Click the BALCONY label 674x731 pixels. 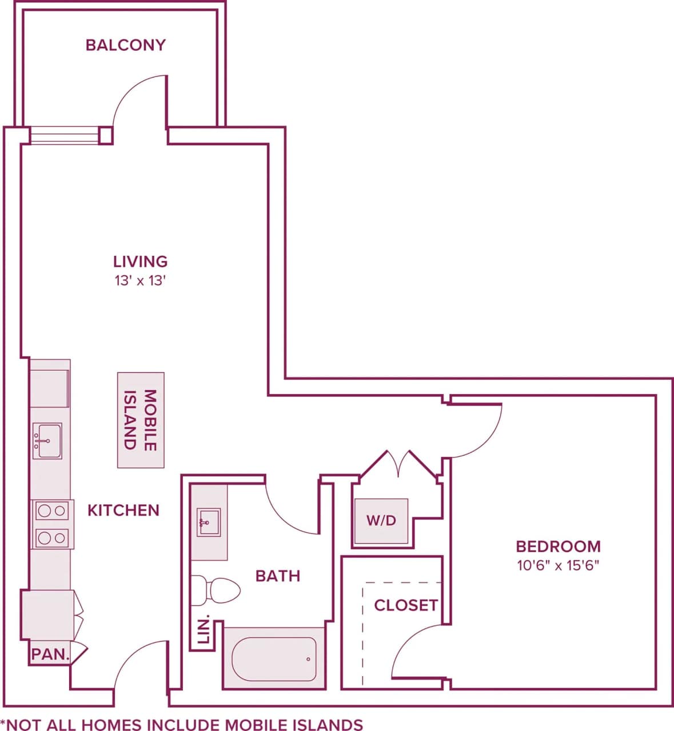click(125, 45)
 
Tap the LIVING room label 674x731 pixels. click(140, 262)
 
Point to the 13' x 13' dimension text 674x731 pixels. click(140, 281)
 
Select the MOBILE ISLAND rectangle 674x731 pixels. click(141, 420)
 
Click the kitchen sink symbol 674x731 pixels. click(47, 441)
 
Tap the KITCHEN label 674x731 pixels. click(123, 510)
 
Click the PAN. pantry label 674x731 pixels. click(50, 654)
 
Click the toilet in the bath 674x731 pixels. click(216, 591)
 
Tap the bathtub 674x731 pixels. click(274, 658)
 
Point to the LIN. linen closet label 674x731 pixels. click(204, 630)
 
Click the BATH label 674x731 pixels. click(277, 576)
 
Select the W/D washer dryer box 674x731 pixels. click(381, 521)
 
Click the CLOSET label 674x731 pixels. click(405, 605)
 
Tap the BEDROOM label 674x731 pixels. click(558, 547)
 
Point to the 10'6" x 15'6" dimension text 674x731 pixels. click(558, 566)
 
